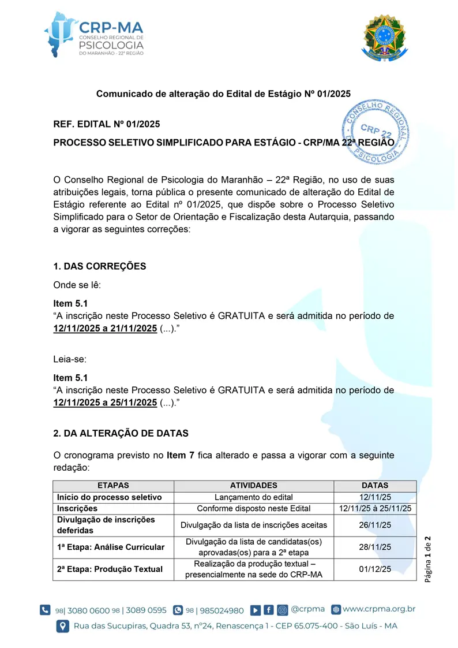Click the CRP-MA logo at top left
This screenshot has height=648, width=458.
pyautogui.click(x=94, y=35)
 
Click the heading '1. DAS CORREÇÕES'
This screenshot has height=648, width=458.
pyautogui.click(x=99, y=266)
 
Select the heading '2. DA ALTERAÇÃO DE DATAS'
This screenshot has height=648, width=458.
pyautogui.click(x=121, y=433)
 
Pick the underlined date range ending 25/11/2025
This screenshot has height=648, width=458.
pyautogui.click(x=105, y=403)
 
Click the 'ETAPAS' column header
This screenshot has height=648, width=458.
pyautogui.click(x=113, y=486)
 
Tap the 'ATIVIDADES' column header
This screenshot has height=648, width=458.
pyautogui.click(x=254, y=486)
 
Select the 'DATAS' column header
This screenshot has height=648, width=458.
pyautogui.click(x=375, y=486)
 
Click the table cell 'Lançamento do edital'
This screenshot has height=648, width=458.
pyautogui.click(x=254, y=497)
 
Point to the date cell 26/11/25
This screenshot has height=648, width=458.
pyautogui.click(x=375, y=525)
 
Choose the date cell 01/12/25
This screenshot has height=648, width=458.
pyautogui.click(x=375, y=569)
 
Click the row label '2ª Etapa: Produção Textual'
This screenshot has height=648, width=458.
pyautogui.click(x=110, y=569)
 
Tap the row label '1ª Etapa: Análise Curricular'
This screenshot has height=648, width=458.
pyautogui.click(x=111, y=547)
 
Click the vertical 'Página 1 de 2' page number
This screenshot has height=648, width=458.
pyautogui.click(x=429, y=559)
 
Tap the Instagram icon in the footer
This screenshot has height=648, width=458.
pyautogui.click(x=283, y=610)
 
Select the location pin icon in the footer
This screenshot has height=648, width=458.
pyautogui.click(x=63, y=626)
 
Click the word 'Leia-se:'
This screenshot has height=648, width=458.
pyautogui.click(x=70, y=359)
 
